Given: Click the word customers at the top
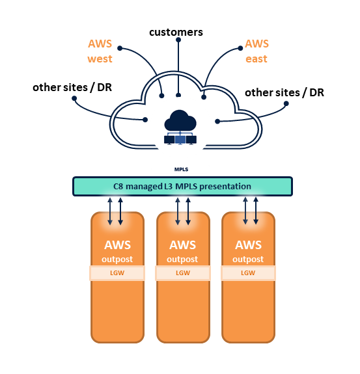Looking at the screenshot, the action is (x=176, y=33).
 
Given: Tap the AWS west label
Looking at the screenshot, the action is (x=100, y=51).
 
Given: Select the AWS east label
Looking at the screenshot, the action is (x=256, y=51).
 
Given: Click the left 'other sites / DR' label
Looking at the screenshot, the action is (x=72, y=88).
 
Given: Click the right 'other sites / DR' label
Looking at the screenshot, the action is (x=284, y=93).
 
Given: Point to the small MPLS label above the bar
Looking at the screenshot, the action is (x=181, y=169).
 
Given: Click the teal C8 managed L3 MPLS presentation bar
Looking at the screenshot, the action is (x=182, y=186).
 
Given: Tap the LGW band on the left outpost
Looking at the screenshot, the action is (x=117, y=273).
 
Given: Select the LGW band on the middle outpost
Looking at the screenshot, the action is (x=183, y=273).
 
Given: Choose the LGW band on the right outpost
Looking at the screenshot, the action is (x=248, y=273).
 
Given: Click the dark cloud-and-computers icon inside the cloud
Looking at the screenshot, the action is (x=180, y=127).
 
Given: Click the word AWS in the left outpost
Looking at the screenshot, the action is (x=117, y=245).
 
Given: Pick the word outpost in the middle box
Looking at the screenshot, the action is (x=182, y=260).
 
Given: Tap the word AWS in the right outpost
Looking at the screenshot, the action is (x=248, y=245).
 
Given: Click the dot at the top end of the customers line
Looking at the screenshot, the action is (x=178, y=40).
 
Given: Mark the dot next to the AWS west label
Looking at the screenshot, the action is (x=120, y=48).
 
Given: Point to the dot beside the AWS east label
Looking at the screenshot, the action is (x=240, y=48).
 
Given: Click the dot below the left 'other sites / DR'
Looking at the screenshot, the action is (x=74, y=98).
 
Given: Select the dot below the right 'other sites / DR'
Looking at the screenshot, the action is (x=286, y=103).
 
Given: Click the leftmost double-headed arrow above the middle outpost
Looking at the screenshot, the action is (x=178, y=211).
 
